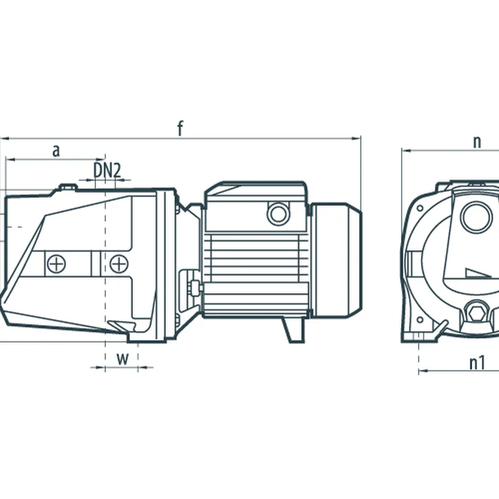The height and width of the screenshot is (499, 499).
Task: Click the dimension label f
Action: pos(180,128)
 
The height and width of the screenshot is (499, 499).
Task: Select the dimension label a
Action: pos(56,151)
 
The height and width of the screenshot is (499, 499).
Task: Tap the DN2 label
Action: pos(107,170)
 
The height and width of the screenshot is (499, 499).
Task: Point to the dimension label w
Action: pos(122,359)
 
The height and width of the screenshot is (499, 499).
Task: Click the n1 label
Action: pos(477,363)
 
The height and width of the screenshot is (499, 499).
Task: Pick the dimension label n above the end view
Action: pos(477,142)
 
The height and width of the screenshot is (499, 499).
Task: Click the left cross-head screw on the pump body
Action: pos(57,264)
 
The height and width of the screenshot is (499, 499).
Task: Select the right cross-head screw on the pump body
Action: pos(119,264)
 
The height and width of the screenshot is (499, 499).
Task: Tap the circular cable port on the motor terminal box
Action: pos(278,213)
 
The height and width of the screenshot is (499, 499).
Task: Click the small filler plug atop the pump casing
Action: pos(68,187)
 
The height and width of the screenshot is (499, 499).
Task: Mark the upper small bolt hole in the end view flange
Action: pos(420,208)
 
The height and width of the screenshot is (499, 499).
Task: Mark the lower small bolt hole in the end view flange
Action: pos(420,320)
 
